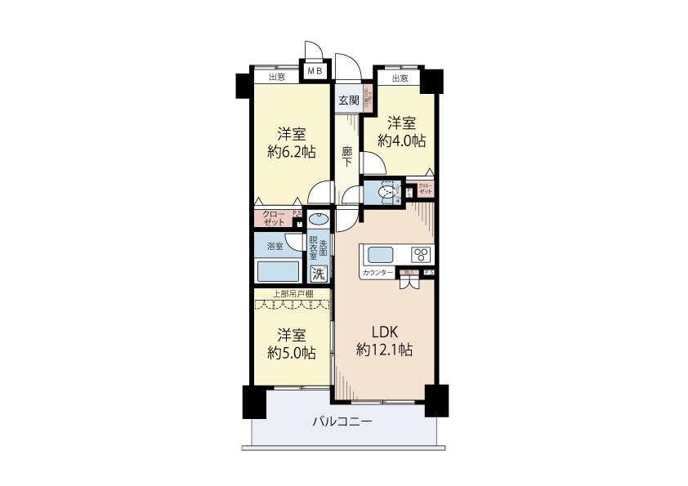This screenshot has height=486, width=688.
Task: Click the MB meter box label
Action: click(x=315, y=72)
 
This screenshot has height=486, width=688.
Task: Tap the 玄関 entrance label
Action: click(x=349, y=100)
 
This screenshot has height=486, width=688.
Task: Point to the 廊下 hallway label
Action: click(x=347, y=156)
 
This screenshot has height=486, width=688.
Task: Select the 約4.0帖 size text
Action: click(x=401, y=140)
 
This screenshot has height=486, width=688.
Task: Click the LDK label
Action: click(x=384, y=333)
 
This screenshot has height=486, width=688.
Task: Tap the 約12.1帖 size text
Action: click(x=384, y=350)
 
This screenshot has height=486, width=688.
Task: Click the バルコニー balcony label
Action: click(x=343, y=422)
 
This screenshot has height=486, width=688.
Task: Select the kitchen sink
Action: click(x=381, y=253)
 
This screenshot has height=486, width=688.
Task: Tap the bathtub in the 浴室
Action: click(x=279, y=270)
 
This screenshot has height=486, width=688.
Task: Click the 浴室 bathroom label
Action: click(x=274, y=245)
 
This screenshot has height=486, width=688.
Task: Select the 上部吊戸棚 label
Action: click(x=293, y=293)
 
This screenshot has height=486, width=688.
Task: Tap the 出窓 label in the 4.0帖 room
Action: click(x=400, y=78)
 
